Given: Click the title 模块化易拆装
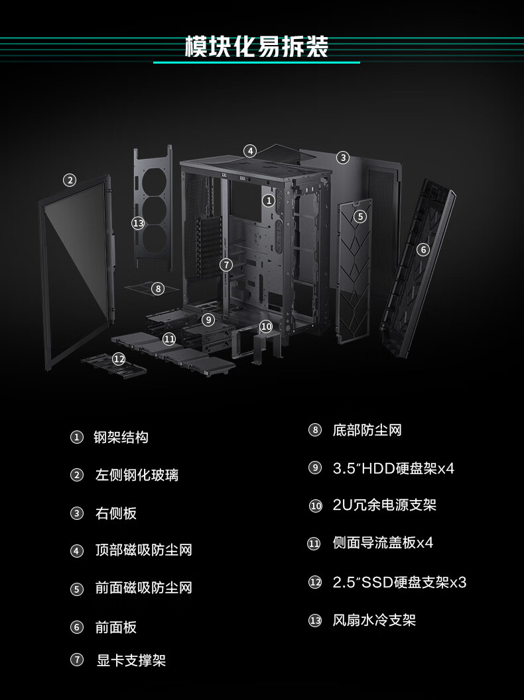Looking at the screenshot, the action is click(257, 46).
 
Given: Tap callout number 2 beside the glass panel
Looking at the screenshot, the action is click(69, 180).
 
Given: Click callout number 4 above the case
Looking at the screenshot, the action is click(250, 151).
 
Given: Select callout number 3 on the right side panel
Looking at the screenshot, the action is click(343, 158).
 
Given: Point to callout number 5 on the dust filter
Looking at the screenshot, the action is click(360, 217).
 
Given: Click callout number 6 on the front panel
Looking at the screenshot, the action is click(423, 249).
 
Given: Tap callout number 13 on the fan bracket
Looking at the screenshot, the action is click(138, 223).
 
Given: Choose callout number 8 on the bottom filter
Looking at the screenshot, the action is click(158, 289).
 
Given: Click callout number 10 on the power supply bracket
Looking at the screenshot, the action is click(266, 326).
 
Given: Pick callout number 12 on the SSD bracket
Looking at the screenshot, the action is click(119, 358).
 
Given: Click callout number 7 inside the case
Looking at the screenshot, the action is click(226, 265).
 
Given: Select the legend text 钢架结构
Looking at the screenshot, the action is click(121, 437).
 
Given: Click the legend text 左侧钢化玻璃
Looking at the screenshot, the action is click(137, 475).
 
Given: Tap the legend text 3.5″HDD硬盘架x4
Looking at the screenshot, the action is click(393, 468).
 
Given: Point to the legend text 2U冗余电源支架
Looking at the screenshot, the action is click(385, 505).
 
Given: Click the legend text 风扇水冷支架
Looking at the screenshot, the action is click(374, 620).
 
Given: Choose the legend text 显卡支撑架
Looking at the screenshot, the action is click(131, 660).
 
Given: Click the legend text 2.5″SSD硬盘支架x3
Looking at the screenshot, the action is click(399, 582).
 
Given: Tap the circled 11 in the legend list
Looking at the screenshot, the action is click(314, 543).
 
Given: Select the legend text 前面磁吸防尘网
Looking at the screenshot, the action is click(143, 587).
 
